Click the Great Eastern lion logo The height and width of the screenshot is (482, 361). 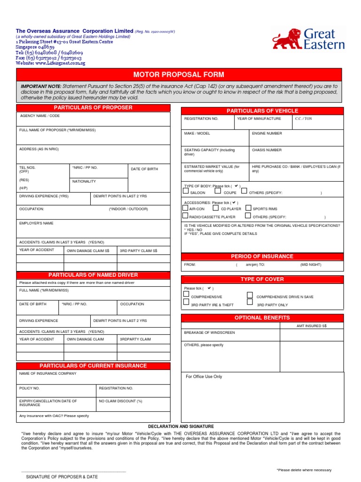point(287,39)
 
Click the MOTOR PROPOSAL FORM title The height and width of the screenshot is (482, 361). point(179,75)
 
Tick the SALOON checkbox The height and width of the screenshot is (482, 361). point(186,191)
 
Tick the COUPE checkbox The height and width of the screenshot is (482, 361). point(217,191)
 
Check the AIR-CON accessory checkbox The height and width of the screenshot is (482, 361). point(186,208)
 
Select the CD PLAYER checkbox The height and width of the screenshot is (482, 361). point(216,208)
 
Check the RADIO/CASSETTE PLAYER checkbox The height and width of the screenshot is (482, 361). point(186,216)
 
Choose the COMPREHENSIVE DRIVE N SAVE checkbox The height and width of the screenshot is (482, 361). point(250,296)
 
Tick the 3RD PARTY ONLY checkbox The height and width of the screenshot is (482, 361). point(250,304)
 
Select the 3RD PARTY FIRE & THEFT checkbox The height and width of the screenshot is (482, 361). point(186,304)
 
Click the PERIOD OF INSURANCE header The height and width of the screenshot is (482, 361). point(262,257)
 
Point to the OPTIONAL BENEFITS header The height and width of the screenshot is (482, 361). point(262,318)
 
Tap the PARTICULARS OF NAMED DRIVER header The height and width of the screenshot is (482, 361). point(93,275)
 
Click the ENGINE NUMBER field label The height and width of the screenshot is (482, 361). point(267,133)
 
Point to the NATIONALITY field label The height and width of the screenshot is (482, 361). point(84,181)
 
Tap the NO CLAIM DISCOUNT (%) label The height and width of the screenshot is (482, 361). point(120,401)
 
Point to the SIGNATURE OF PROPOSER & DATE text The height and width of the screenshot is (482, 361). point(62,477)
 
